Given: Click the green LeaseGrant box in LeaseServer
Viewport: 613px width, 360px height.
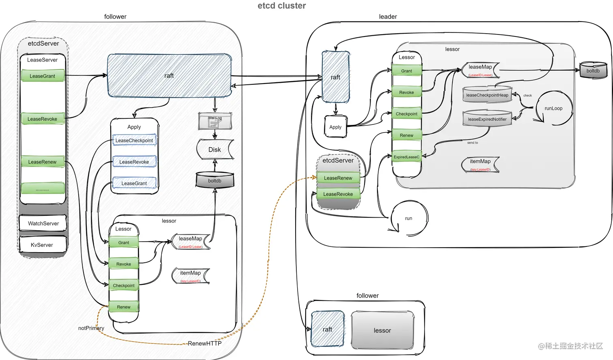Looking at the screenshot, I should coord(43,76).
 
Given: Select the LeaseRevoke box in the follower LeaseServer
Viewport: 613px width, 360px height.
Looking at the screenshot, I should coord(43,119).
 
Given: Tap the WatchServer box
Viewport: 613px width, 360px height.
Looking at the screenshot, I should coord(43,223).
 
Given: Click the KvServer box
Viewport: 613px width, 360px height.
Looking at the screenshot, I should coord(42,245).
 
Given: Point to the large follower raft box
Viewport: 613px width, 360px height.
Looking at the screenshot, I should coord(169,76).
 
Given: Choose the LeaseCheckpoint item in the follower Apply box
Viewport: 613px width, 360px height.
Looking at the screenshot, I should coord(134,140).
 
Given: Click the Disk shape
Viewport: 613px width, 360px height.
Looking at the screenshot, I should coord(215,150).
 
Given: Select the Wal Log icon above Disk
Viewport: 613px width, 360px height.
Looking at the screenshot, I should coord(215,121).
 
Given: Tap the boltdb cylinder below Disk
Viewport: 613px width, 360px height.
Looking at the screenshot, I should coord(215,180).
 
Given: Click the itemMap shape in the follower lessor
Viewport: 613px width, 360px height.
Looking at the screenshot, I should coord(191,276).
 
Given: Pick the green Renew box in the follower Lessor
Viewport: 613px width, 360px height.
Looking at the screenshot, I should coord(124,307).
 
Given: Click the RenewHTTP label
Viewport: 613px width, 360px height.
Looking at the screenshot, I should coord(205,343).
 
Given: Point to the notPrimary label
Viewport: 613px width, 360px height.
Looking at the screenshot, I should coord(91,328).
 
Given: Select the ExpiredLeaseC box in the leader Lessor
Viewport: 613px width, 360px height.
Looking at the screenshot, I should coord(407,157).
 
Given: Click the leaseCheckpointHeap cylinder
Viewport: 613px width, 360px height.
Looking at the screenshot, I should coord(487,95).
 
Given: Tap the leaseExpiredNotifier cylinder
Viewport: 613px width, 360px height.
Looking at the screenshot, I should coord(487,119).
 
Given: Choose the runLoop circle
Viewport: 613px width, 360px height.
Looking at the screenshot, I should coord(553,108).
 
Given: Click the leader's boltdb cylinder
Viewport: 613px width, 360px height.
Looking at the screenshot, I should coord(593,71).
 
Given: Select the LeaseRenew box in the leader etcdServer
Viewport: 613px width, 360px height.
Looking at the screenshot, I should coord(338,178).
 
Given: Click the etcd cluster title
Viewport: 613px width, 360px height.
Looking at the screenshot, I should coord(282,6).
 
